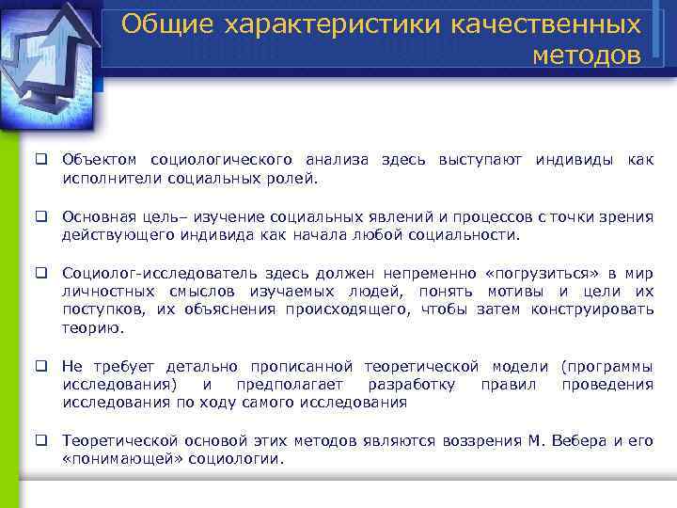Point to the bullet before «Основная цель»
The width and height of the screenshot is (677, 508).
[x=42, y=216]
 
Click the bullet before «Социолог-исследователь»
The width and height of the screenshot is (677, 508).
[x=42, y=273]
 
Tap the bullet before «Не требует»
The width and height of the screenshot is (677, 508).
[x=42, y=366]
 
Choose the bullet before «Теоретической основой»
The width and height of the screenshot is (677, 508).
[x=42, y=440]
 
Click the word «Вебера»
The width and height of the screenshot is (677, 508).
[x=578, y=440]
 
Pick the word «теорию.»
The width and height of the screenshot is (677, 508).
[x=92, y=328]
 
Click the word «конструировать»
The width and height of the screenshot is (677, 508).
[x=596, y=310]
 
